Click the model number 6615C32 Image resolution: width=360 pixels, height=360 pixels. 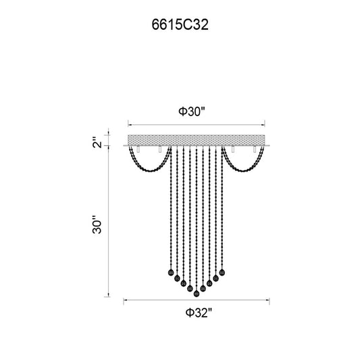tap(180, 24)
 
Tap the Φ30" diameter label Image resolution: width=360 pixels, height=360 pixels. tap(191, 111)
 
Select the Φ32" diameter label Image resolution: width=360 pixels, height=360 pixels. tap(199, 313)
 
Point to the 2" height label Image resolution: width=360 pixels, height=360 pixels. tap(97, 143)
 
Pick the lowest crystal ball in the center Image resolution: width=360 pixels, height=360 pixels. tap(197, 293)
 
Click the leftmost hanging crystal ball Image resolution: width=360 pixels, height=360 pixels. tap(171, 272)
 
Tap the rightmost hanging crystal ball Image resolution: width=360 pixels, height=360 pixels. tap(222, 272)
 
